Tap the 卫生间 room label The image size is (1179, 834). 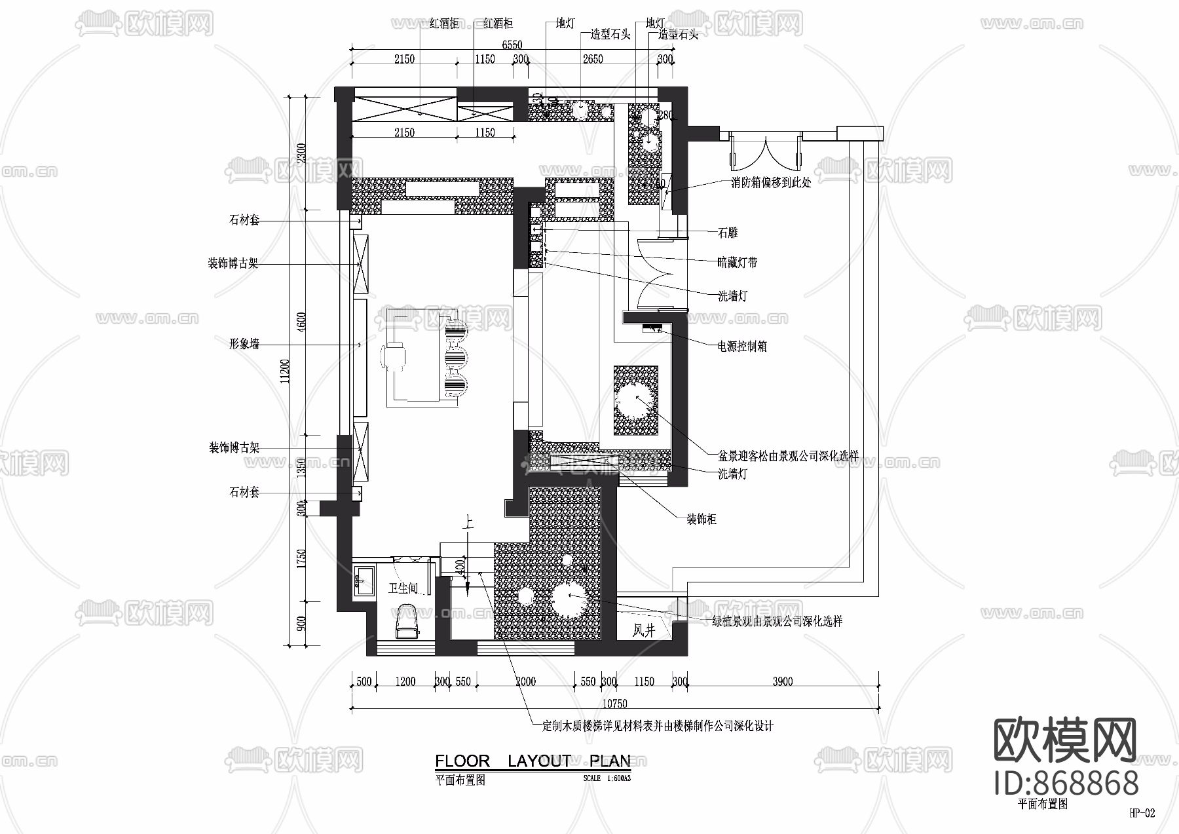pos(402,588)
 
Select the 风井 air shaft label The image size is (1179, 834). pos(644,631)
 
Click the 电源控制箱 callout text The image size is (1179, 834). pos(742,347)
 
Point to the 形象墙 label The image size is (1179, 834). pos(244,344)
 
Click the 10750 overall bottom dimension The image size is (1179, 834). pos(614,704)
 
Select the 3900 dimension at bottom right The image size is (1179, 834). pos(782,681)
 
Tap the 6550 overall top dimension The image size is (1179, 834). pos(512,45)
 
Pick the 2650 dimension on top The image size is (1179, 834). pos(592,60)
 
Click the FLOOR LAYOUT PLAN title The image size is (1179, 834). pos(533,761)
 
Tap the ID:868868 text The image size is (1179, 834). pos(1066,784)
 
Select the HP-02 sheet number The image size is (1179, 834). pos(1142,814)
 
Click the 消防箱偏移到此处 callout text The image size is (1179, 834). pos(771,183)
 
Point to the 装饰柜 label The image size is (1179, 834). pos(701,520)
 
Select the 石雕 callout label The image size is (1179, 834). pos(728,233)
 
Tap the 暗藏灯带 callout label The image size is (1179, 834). pos(738,263)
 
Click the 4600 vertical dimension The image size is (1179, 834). pos(301,322)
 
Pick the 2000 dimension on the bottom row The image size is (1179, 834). pos(525,681)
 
